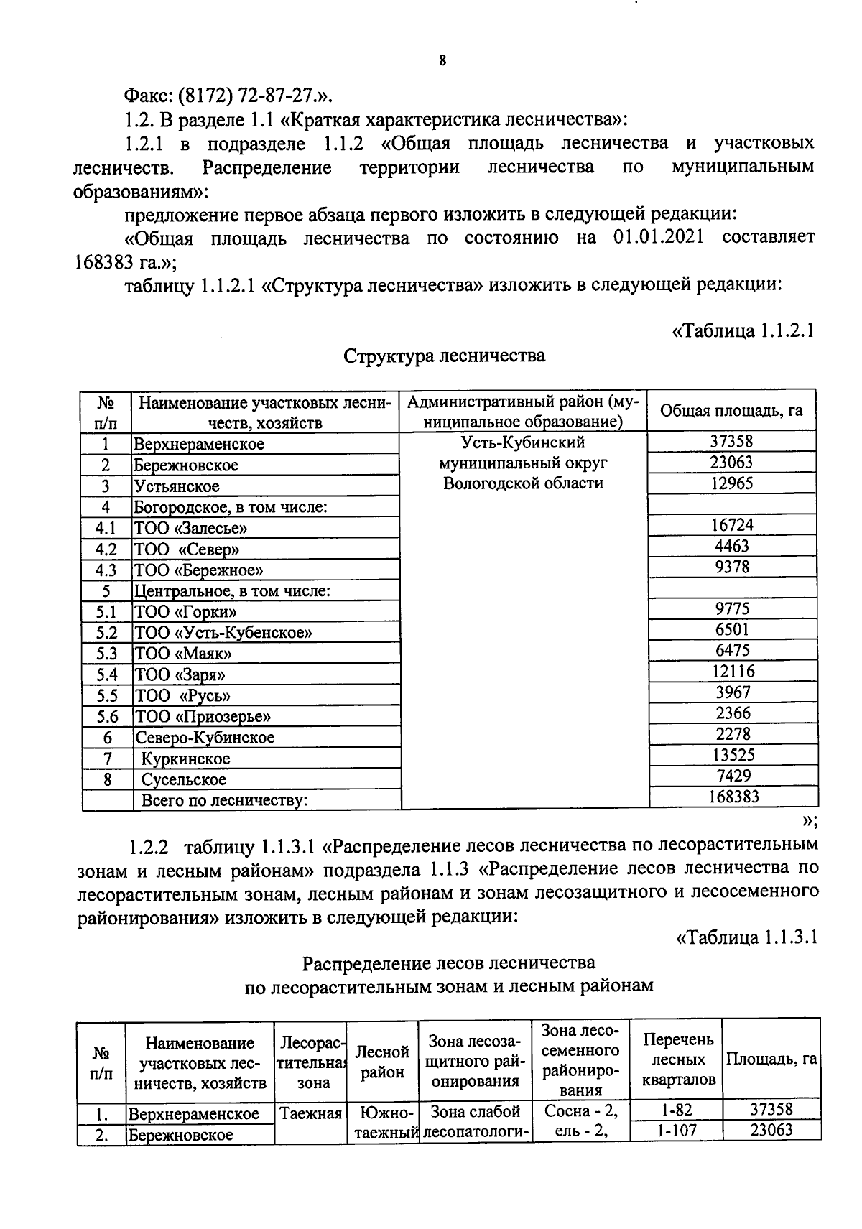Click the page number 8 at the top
[442, 61]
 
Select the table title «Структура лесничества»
[444, 356]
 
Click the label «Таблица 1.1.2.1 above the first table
[743, 331]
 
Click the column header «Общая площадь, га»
[731, 411]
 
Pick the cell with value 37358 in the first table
[731, 442]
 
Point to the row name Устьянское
[177, 486]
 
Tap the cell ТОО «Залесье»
[191, 528]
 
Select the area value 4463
[731, 546]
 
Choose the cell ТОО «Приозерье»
[203, 716]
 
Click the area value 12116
[731, 672]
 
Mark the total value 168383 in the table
[731, 797]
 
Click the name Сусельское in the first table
[183, 779]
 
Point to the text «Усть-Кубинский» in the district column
[522, 442]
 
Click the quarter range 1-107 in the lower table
[675, 1131]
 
